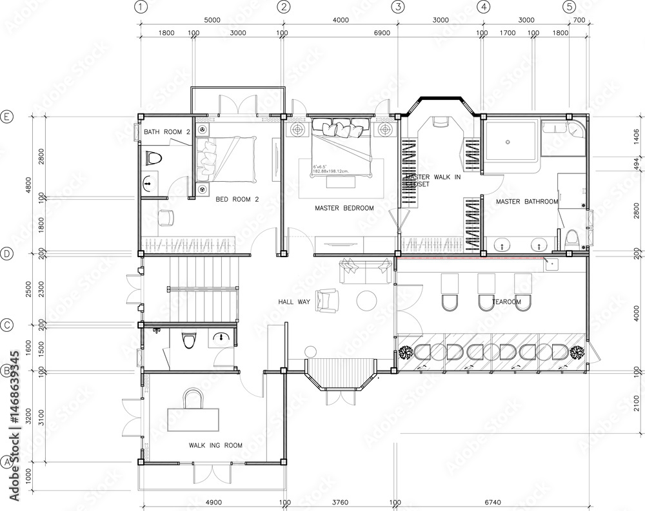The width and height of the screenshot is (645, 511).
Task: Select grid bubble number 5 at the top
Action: point(568,7)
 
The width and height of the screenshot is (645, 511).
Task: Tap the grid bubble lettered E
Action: point(7,117)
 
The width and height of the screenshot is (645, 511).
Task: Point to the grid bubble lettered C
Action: point(7,325)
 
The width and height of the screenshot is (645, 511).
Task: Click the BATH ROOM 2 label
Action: point(166,132)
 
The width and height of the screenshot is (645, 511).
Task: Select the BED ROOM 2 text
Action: point(237,200)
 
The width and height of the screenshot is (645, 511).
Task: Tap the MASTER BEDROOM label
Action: point(344,208)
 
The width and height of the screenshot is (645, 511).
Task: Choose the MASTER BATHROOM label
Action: point(526,202)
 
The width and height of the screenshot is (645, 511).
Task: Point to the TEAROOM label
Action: point(506,302)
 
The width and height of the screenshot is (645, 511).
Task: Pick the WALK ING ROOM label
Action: point(215,445)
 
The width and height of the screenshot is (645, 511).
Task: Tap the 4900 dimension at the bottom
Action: point(213,502)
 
